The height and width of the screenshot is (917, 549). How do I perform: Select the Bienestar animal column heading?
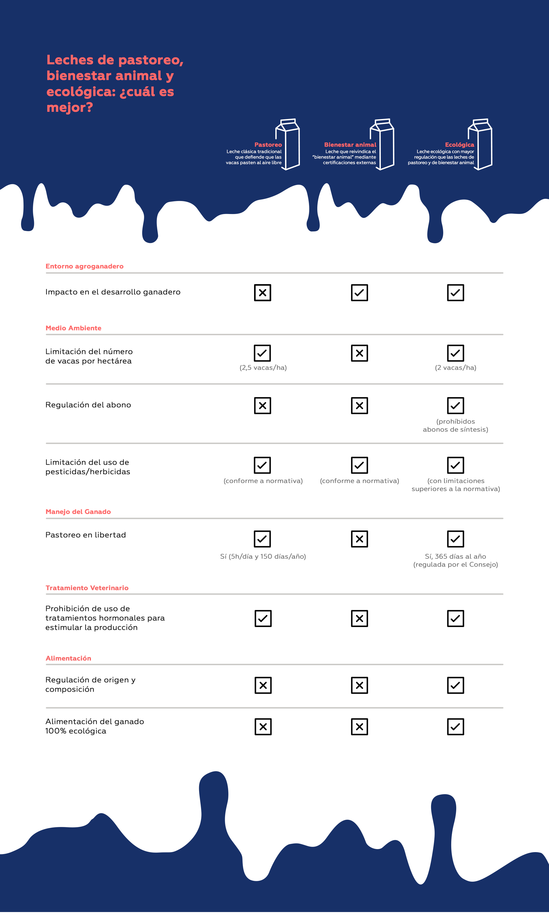click(x=350, y=145)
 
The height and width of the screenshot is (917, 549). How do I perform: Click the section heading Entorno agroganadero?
click(x=84, y=266)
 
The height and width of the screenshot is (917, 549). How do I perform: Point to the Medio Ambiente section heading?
click(x=73, y=328)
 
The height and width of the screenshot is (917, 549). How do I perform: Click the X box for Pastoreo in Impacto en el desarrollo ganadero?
click(x=262, y=293)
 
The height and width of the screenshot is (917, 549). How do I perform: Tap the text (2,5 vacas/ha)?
click(x=263, y=368)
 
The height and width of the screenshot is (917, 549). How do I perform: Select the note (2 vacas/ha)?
click(x=455, y=368)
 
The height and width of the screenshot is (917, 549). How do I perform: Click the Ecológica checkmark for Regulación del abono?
click(x=455, y=405)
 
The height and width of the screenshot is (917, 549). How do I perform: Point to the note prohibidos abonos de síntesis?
click(x=455, y=426)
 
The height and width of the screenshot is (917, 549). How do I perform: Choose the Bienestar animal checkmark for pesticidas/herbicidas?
click(x=359, y=465)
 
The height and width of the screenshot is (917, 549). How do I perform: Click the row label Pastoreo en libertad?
click(x=85, y=535)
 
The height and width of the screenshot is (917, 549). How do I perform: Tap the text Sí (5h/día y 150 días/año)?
click(x=263, y=556)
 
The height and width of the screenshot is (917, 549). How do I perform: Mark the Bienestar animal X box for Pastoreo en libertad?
click(x=359, y=539)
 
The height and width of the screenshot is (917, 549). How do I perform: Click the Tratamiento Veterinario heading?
click(x=87, y=588)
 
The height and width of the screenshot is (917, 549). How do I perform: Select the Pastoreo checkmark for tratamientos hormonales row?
click(x=263, y=619)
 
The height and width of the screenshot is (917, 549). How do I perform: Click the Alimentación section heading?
click(x=68, y=658)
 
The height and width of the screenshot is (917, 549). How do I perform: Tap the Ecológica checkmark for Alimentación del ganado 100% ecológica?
click(x=455, y=727)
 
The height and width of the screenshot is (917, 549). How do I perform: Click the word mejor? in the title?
click(x=70, y=108)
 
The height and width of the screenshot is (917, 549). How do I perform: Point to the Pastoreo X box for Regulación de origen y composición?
click(x=263, y=685)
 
